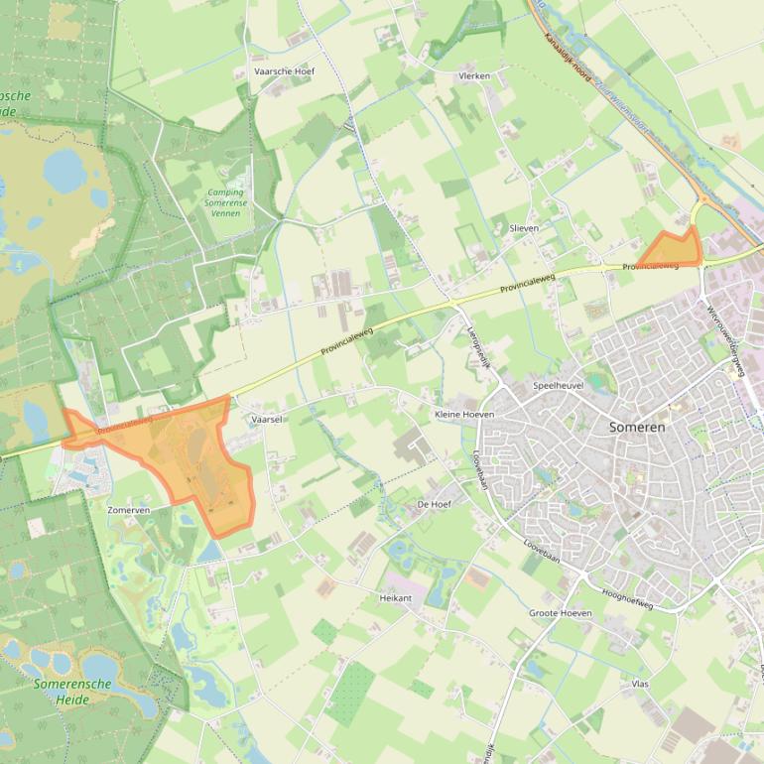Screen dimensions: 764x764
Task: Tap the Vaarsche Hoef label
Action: [x=284, y=72]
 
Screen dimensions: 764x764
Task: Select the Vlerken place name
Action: [x=474, y=76]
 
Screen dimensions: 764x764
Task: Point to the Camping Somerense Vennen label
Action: [x=226, y=203]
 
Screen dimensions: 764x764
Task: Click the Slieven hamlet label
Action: [x=524, y=228]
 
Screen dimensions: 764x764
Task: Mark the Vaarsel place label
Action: [x=268, y=420]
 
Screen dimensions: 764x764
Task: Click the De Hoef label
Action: [x=435, y=504]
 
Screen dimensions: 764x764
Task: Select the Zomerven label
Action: [x=129, y=510]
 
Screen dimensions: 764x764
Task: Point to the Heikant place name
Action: [x=395, y=598]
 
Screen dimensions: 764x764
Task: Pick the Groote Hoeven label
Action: [x=560, y=613]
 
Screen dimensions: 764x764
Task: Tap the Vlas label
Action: [x=640, y=684]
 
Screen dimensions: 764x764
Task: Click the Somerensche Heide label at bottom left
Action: [x=62, y=692]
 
